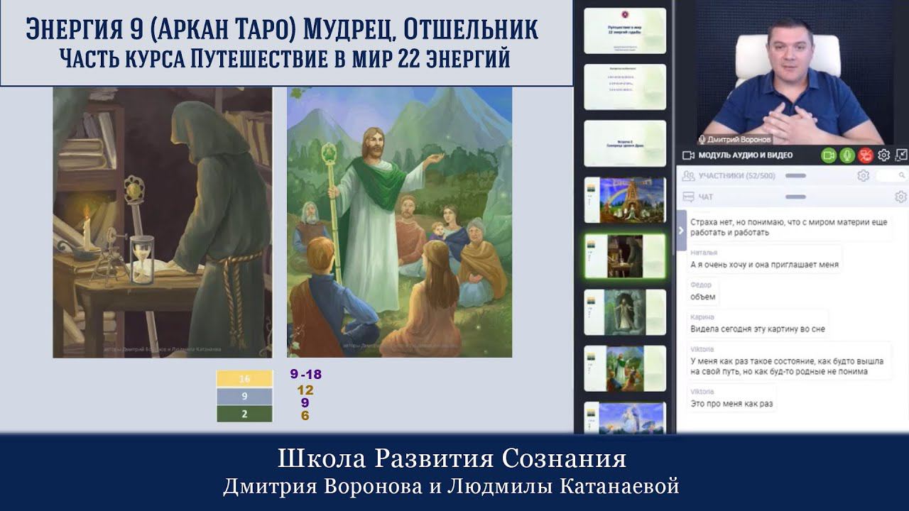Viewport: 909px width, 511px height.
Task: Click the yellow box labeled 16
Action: (x=244, y=379)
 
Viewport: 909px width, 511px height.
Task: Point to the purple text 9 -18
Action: (x=305, y=375)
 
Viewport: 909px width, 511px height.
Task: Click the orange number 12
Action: (x=305, y=390)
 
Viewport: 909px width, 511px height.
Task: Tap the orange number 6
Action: (x=305, y=415)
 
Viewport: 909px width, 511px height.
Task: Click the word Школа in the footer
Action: (x=314, y=459)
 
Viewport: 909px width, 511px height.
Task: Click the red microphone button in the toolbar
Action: (x=865, y=155)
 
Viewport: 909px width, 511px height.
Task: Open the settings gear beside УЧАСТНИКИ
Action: (x=863, y=175)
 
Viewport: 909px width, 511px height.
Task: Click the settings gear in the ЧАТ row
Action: (x=900, y=197)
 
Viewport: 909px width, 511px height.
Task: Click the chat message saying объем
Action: (x=703, y=297)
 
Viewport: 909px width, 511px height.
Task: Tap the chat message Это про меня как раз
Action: (x=731, y=404)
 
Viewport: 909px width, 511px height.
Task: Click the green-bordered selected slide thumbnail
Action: (x=624, y=255)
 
